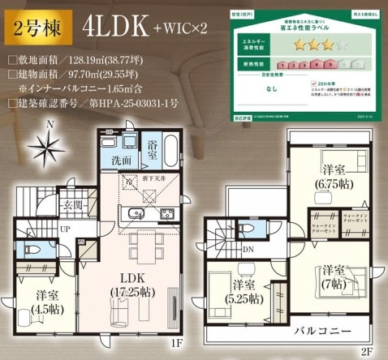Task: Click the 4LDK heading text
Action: (114, 28)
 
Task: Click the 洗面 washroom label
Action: (123, 160)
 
